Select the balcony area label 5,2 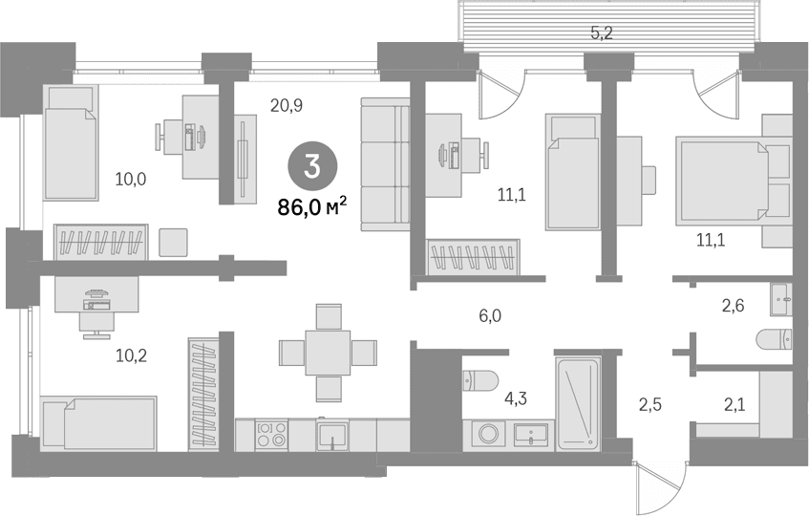point(602,33)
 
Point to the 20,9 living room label point(287,106)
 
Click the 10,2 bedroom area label point(131,355)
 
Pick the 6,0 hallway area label point(490,315)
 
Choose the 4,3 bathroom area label point(516,398)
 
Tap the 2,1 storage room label point(734,405)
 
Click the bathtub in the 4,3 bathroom point(578,403)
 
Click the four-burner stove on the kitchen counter point(272,434)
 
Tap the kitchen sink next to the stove point(332,435)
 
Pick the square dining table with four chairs point(328,353)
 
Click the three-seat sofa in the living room point(386,164)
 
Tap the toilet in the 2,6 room point(774,340)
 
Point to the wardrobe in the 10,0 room point(101,243)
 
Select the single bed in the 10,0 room point(70,142)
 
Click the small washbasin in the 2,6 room point(780,299)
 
